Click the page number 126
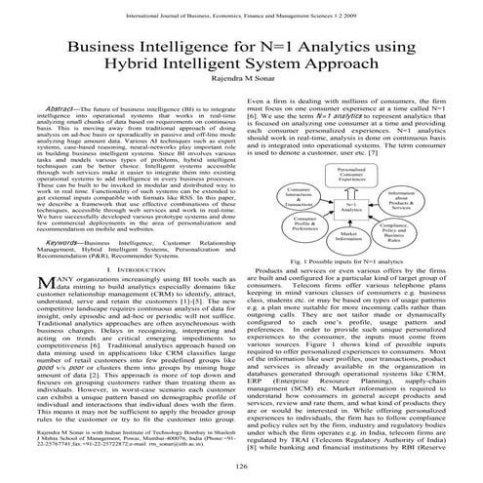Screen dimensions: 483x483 241,468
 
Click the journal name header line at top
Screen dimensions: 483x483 241,11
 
